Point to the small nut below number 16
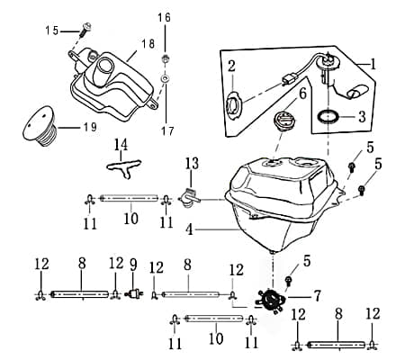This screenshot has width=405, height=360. [x=166, y=59]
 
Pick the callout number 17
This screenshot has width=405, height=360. [x=164, y=104]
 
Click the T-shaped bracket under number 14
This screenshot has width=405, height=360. [x=120, y=164]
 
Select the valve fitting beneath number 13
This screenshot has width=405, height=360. [x=188, y=195]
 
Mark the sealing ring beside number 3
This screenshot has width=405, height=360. [x=329, y=116]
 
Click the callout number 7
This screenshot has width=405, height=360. [x=316, y=294]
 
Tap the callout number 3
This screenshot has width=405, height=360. [x=362, y=117]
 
